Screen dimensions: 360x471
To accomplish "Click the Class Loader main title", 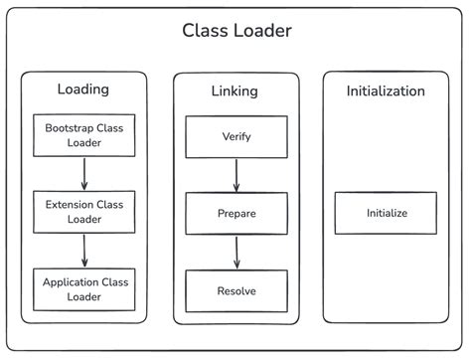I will click(236, 31).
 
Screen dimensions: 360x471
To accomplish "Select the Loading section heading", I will click(83, 90).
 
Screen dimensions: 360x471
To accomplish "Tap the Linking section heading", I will click(235, 91).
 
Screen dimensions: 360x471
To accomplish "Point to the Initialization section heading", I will click(386, 91).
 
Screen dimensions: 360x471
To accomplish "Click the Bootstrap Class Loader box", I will click(83, 135).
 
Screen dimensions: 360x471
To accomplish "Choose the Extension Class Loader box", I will click(83, 212).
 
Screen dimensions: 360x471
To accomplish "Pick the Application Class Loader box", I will click(83, 288).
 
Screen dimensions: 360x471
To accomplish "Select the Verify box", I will click(235, 135).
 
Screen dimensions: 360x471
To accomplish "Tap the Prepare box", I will click(235, 213).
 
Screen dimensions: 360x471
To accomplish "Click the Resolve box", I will click(235, 290).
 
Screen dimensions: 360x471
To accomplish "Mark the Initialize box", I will click(386, 213).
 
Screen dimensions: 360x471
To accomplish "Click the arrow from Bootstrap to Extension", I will click(83, 173).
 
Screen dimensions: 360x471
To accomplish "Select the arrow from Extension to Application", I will click(83, 250).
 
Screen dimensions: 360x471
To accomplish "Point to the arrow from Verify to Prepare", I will click(235, 173).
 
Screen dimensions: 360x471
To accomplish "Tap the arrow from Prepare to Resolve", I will click(235, 252).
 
